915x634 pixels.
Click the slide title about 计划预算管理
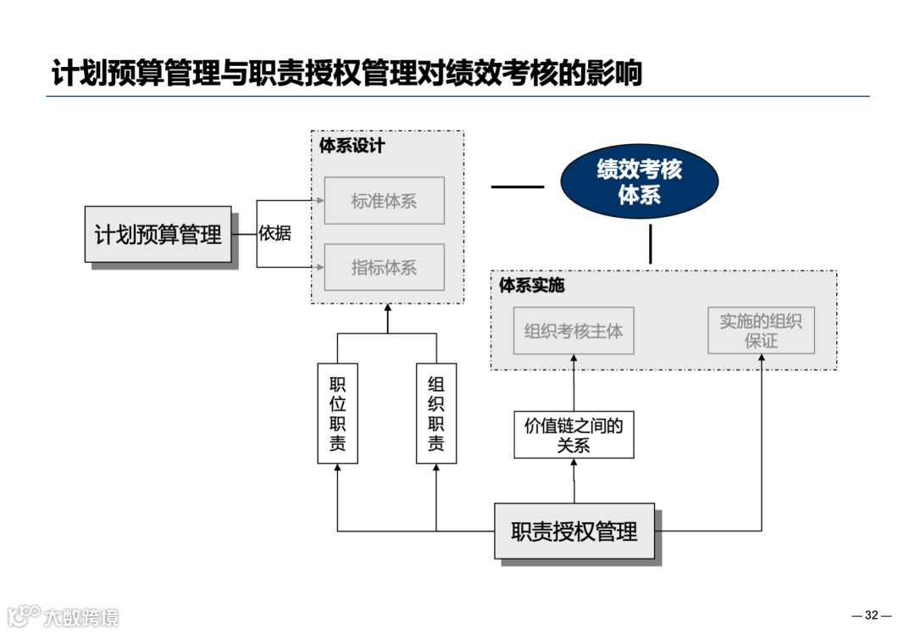tap(347, 74)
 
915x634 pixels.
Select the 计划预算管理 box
tap(158, 234)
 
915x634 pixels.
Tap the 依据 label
tap(274, 233)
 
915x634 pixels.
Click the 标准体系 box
tap(384, 201)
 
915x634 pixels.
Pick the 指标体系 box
tap(384, 268)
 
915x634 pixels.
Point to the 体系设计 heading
tap(352, 146)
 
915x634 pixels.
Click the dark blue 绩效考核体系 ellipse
tap(639, 182)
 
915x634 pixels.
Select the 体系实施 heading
tap(532, 286)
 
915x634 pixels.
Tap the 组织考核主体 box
tap(574, 331)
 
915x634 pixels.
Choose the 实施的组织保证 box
tap(761, 331)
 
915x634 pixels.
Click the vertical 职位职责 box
tap(337, 414)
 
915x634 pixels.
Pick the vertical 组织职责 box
tap(436, 414)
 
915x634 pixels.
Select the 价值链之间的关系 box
tap(574, 435)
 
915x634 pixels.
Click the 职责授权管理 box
tap(574, 531)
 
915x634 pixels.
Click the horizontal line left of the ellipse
tap(518, 186)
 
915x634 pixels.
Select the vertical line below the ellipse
tap(651, 244)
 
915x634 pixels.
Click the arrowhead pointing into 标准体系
tap(320, 201)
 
